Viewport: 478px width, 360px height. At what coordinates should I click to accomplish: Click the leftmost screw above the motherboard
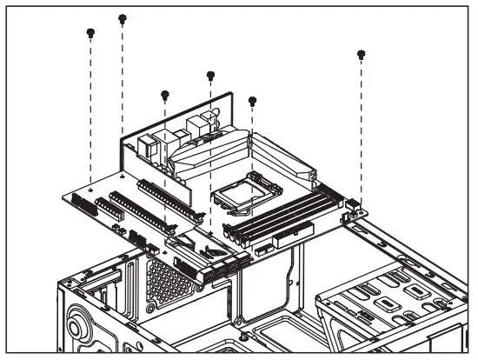pyautogui.click(x=90, y=33)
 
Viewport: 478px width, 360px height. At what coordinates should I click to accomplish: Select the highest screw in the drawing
pyautogui.click(x=123, y=17)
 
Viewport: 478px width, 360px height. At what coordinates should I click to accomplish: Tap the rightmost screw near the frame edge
pyautogui.click(x=362, y=55)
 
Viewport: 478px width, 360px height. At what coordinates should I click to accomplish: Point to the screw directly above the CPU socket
pyautogui.click(x=252, y=101)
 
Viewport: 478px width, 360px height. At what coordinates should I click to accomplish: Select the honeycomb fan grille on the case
pyautogui.click(x=165, y=283)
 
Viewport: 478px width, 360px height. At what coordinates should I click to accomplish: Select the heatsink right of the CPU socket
pyautogui.click(x=282, y=157)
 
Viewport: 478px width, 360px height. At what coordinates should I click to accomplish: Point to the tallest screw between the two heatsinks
pyautogui.click(x=210, y=76)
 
